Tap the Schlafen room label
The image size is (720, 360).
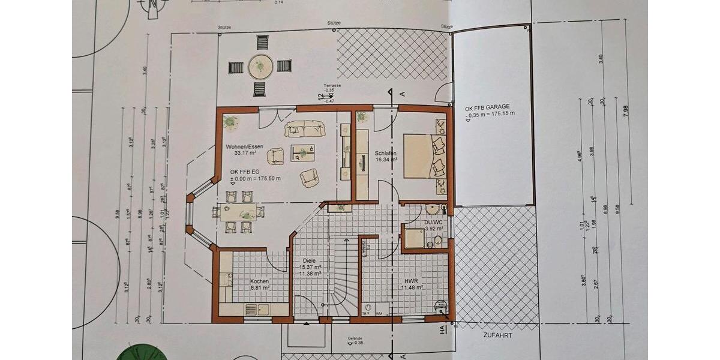click(386, 153)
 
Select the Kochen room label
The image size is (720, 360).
click(259, 281)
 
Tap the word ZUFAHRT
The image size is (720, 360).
click(497, 336)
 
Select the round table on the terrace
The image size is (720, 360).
click(260, 65)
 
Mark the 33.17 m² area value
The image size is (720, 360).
click(245, 154)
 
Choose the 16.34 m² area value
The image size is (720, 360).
click(386, 160)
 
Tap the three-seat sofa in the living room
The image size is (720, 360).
click(304, 128)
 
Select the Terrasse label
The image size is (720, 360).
click(332, 86)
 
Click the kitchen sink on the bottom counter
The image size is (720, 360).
click(262, 309)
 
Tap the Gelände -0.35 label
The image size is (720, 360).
click(355, 340)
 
